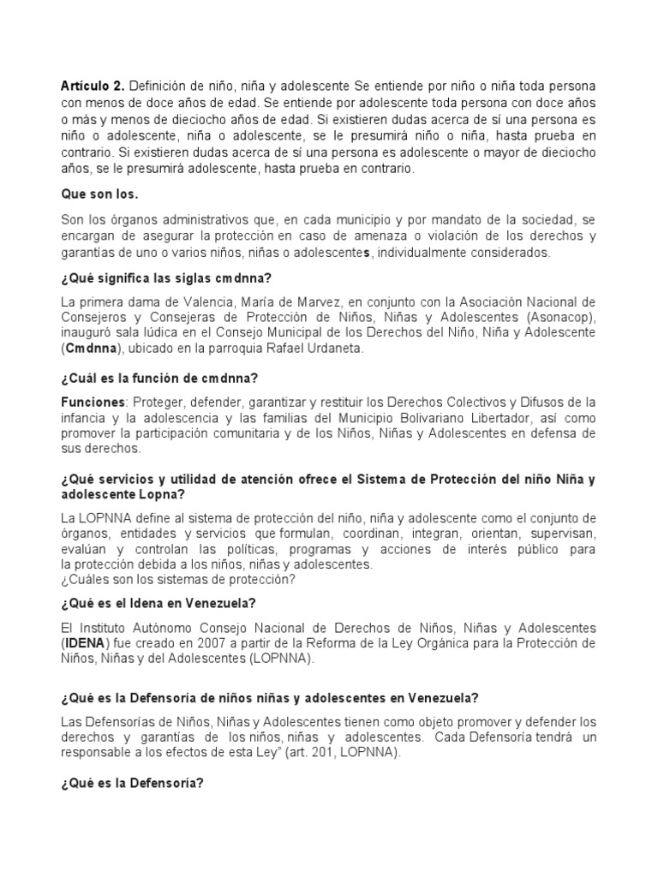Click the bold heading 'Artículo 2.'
(93, 87)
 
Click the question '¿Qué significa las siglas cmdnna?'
(159, 277)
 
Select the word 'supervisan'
(561, 534)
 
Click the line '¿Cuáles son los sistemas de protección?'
(178, 580)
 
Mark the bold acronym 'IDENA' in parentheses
(88, 643)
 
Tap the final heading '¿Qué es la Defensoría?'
(132, 781)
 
